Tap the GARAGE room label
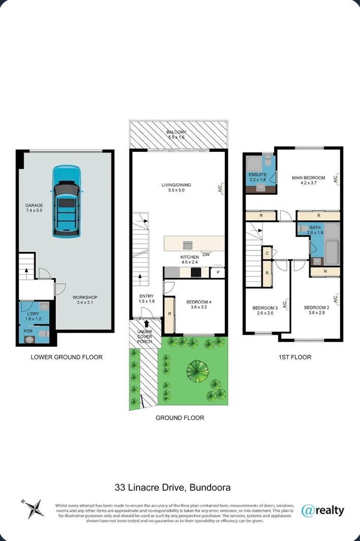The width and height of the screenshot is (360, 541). click(x=35, y=206)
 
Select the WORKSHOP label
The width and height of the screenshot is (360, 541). click(x=85, y=298)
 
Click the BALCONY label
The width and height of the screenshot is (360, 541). click(x=178, y=134)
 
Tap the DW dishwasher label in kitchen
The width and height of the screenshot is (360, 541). click(x=206, y=254)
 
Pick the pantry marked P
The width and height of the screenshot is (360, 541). click(x=217, y=273)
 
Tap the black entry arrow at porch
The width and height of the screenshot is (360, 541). click(x=147, y=324)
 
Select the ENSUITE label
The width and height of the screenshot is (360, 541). click(x=257, y=175)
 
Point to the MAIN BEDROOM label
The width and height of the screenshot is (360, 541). click(x=308, y=178)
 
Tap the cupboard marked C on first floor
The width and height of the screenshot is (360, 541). click(x=267, y=253)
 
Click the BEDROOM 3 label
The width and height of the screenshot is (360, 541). click(x=265, y=308)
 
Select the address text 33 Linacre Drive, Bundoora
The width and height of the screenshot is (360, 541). click(x=173, y=488)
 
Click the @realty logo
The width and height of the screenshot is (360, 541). click(x=323, y=510)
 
